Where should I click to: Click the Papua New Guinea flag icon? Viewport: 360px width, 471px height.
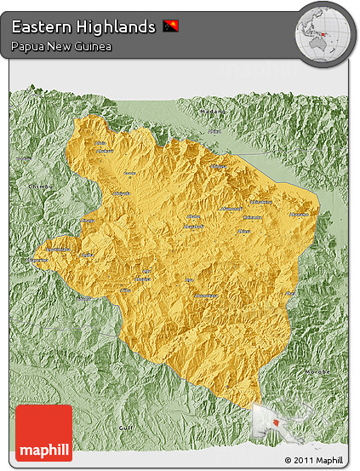point(170,26)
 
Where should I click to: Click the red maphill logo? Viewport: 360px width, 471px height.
point(43,433)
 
